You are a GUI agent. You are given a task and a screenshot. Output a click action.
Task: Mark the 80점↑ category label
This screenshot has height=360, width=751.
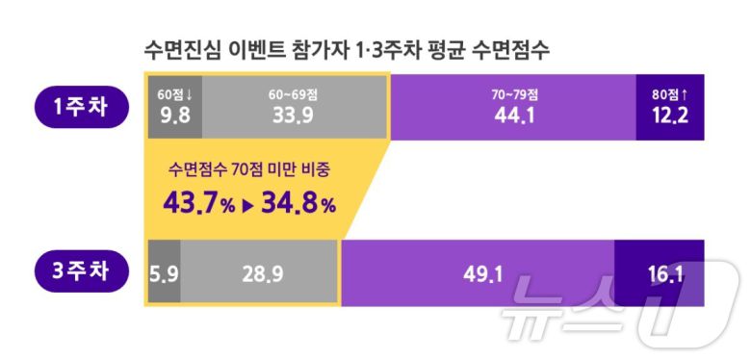point(671,94)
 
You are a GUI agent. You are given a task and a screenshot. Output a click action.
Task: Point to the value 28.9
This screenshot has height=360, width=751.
point(261,274)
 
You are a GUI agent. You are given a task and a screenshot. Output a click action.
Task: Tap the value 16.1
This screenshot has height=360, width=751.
point(665,274)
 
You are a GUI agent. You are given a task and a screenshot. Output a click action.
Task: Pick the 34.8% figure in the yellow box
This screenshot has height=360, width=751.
point(298,204)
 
